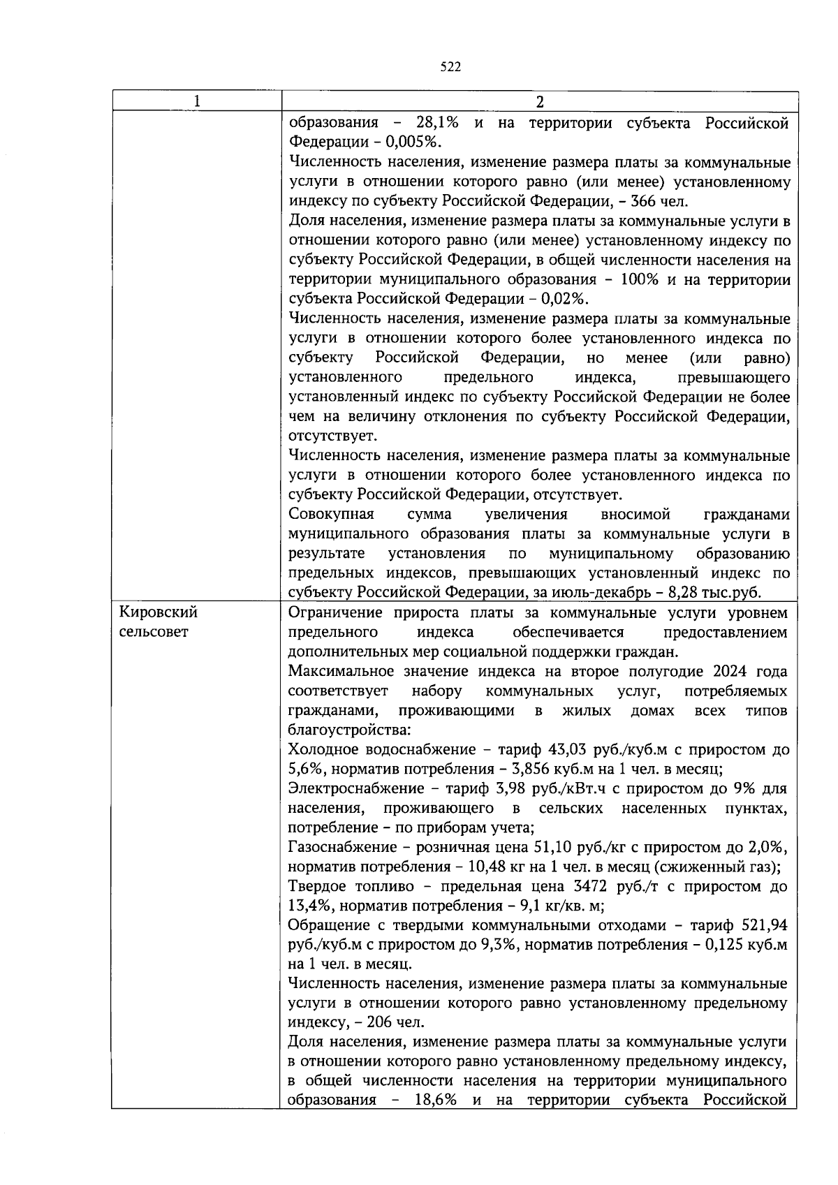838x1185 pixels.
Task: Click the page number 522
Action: (x=451, y=67)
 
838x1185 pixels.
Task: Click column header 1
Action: (x=197, y=101)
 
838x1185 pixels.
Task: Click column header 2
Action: (x=538, y=101)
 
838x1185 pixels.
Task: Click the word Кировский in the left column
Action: (x=159, y=612)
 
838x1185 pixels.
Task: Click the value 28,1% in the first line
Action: (x=437, y=124)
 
